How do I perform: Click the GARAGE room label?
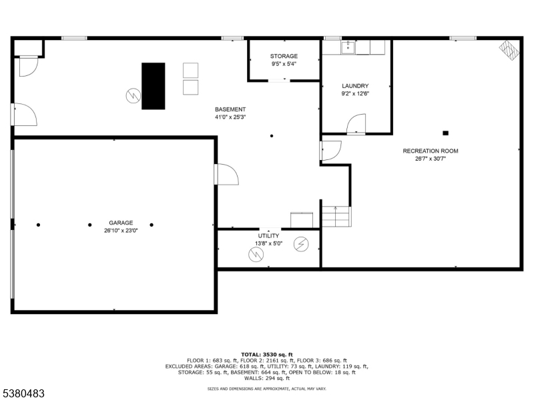click(x=121, y=223)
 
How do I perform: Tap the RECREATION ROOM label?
click(x=431, y=151)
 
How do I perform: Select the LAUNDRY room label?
click(x=355, y=86)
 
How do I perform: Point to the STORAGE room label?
click(x=284, y=56)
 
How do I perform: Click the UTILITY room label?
click(x=268, y=236)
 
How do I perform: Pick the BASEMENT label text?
click(x=230, y=109)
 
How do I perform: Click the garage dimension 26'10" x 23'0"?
click(x=121, y=231)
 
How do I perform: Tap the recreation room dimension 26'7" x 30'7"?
click(x=431, y=159)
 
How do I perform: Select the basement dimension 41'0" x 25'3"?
click(x=230, y=117)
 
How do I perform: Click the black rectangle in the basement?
click(x=153, y=85)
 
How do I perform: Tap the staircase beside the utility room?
click(x=336, y=216)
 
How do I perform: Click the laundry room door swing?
click(x=357, y=124)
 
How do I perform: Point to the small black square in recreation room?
click(x=445, y=133)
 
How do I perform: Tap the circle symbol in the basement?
click(x=133, y=96)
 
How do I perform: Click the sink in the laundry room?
click(x=347, y=47)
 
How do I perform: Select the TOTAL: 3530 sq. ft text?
click(x=266, y=355)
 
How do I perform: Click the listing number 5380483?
click(x=23, y=394)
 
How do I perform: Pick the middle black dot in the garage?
click(x=90, y=225)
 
